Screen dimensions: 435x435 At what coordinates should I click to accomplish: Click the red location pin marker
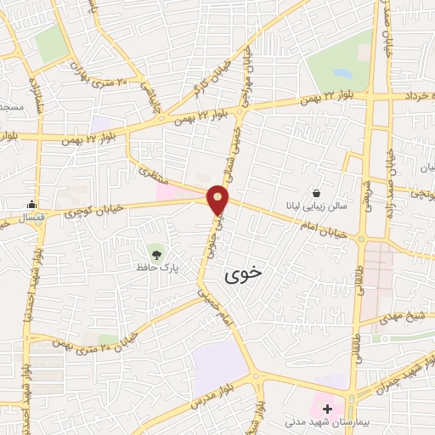tap(219, 201)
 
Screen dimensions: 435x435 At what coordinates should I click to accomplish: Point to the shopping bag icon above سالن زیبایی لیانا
tap(316, 194)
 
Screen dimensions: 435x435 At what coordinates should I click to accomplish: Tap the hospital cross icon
tap(328, 408)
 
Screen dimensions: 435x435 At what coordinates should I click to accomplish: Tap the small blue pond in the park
tap(341, 73)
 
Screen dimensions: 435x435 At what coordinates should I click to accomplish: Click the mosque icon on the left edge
tap(31, 203)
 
